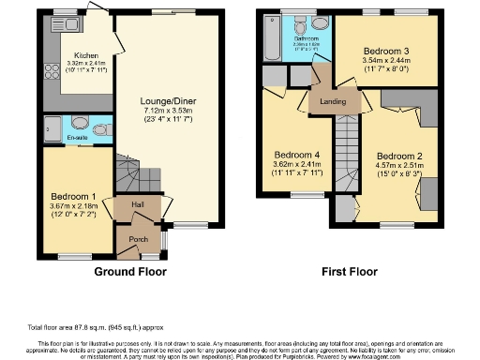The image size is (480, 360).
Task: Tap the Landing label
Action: click(330, 103)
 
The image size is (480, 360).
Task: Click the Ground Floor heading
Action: click(131, 272)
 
